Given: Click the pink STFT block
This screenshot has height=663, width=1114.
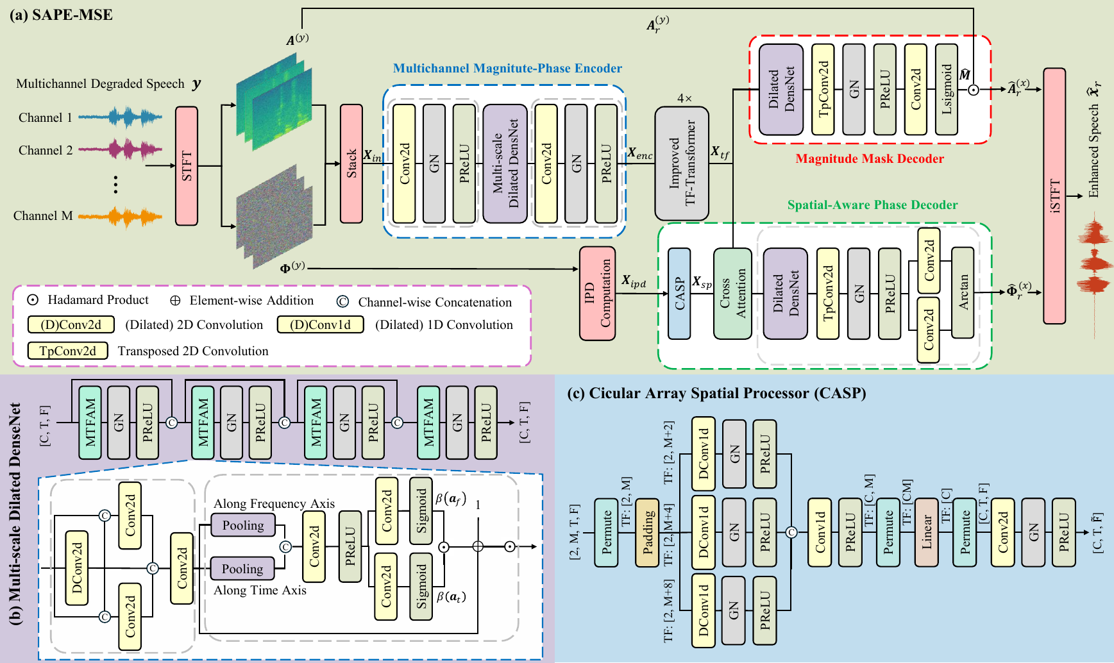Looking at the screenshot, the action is pyautogui.click(x=187, y=165).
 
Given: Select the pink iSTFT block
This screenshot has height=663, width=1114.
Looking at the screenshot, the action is pyautogui.click(x=1054, y=196).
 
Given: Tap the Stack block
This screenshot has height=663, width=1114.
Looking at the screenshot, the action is pyautogui.click(x=351, y=164).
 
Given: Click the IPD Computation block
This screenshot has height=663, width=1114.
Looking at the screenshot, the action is pyautogui.click(x=598, y=293).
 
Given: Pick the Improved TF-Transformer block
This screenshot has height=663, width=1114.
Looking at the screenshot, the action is pyautogui.click(x=682, y=164).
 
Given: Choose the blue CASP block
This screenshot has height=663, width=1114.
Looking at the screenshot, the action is pyautogui.click(x=679, y=293).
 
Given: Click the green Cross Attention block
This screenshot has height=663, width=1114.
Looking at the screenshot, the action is pyautogui.click(x=732, y=293).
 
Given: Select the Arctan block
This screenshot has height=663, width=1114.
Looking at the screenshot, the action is pyautogui.click(x=963, y=292).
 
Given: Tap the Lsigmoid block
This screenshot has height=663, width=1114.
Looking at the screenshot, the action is pyautogui.click(x=947, y=89).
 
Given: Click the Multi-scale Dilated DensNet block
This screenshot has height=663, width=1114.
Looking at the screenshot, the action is pyautogui.click(x=505, y=164).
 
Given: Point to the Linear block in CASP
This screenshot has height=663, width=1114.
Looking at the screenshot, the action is pyautogui.click(x=927, y=532).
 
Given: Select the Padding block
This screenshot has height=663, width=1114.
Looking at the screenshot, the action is pyautogui.click(x=647, y=532).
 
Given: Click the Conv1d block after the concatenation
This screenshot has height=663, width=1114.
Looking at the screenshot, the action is pyautogui.click(x=820, y=532).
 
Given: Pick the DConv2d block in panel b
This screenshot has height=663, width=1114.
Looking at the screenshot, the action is pyautogui.click(x=77, y=567).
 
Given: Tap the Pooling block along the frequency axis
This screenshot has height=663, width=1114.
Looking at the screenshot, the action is pyautogui.click(x=243, y=525).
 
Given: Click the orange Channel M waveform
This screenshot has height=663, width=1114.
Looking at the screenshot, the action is pyautogui.click(x=121, y=217).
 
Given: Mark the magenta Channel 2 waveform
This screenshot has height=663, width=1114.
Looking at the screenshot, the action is pyautogui.click(x=121, y=150).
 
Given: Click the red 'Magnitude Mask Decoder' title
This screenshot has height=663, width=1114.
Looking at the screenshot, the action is pyautogui.click(x=870, y=158).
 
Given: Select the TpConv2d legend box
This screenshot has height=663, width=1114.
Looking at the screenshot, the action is pyautogui.click(x=67, y=351).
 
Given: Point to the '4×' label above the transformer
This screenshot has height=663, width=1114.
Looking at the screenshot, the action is pyautogui.click(x=684, y=98).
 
